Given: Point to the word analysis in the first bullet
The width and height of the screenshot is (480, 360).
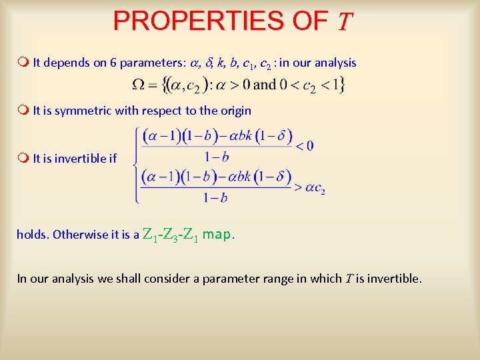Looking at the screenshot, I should [x=333, y=63].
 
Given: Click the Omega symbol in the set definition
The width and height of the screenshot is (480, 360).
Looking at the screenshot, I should [x=139, y=85].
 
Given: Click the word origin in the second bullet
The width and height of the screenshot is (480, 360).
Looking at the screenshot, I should [x=235, y=111].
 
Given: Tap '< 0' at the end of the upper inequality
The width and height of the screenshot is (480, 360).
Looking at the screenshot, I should [x=305, y=145].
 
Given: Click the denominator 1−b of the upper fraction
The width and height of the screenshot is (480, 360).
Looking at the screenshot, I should [x=215, y=157].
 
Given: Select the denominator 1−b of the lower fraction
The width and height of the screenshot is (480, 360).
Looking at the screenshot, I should [x=215, y=198].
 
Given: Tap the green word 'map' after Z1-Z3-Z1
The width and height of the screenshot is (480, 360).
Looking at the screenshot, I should [x=218, y=234].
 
